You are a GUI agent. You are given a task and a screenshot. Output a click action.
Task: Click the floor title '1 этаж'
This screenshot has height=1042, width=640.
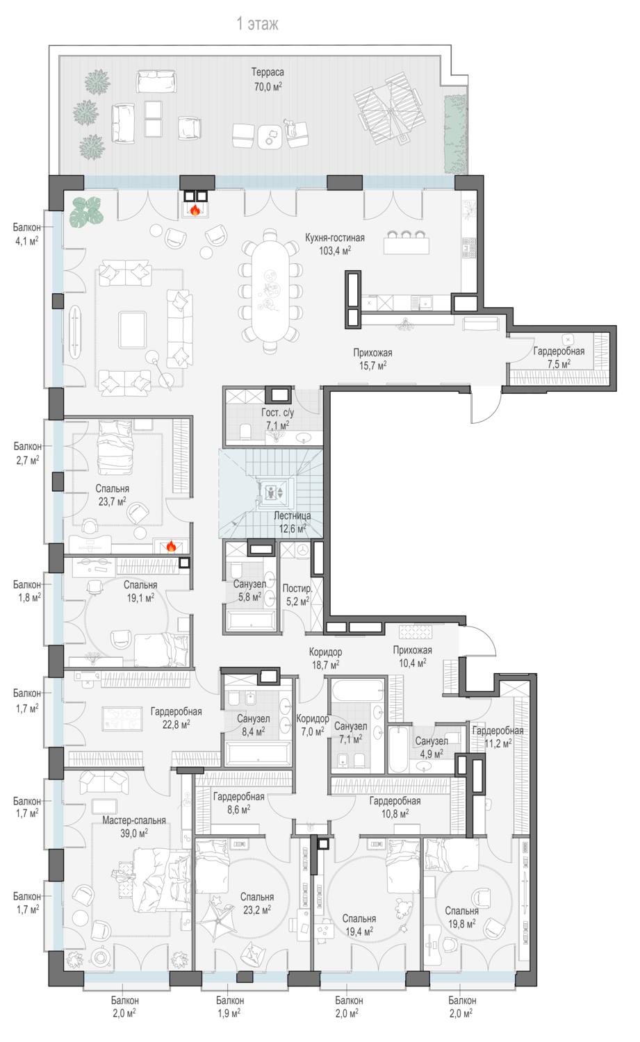[x=257, y=24]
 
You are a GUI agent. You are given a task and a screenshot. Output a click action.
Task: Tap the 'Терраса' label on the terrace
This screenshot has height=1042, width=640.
[x=268, y=72]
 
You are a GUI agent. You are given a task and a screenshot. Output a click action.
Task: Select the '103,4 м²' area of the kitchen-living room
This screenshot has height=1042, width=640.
[x=335, y=251]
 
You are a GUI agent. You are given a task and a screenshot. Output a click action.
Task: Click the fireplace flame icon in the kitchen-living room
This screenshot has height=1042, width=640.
[x=195, y=210]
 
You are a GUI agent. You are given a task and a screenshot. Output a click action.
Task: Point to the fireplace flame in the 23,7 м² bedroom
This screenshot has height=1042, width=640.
[x=171, y=545]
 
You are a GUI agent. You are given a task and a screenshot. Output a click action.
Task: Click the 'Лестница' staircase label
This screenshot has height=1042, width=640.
[x=292, y=515]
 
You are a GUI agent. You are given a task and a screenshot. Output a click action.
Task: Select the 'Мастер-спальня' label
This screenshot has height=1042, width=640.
[x=134, y=820]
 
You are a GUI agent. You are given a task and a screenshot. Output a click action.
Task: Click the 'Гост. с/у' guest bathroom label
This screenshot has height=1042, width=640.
[x=277, y=412]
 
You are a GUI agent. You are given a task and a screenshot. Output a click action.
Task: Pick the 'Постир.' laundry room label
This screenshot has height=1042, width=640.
[x=297, y=588]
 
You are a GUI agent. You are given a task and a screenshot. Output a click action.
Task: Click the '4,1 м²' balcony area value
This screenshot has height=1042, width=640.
[x=26, y=241]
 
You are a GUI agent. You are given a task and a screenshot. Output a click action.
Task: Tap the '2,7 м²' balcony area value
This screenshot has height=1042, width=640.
[x=28, y=460]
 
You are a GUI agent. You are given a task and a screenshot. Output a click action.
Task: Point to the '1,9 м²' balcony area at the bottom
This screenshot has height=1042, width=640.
[x=229, y=1013]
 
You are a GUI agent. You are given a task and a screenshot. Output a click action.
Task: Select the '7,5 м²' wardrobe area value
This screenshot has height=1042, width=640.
[x=559, y=364]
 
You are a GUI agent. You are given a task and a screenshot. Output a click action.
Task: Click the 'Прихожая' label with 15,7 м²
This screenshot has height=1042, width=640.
[x=372, y=353]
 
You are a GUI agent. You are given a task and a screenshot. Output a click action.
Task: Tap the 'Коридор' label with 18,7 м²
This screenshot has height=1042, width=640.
[x=325, y=652]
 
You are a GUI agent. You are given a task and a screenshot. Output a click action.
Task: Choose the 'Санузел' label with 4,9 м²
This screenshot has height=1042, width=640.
[x=432, y=741]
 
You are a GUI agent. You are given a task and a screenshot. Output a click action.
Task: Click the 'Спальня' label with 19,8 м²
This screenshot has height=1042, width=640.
[x=461, y=911]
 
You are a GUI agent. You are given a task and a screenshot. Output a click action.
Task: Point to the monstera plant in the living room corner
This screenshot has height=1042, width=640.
[x=87, y=212]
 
